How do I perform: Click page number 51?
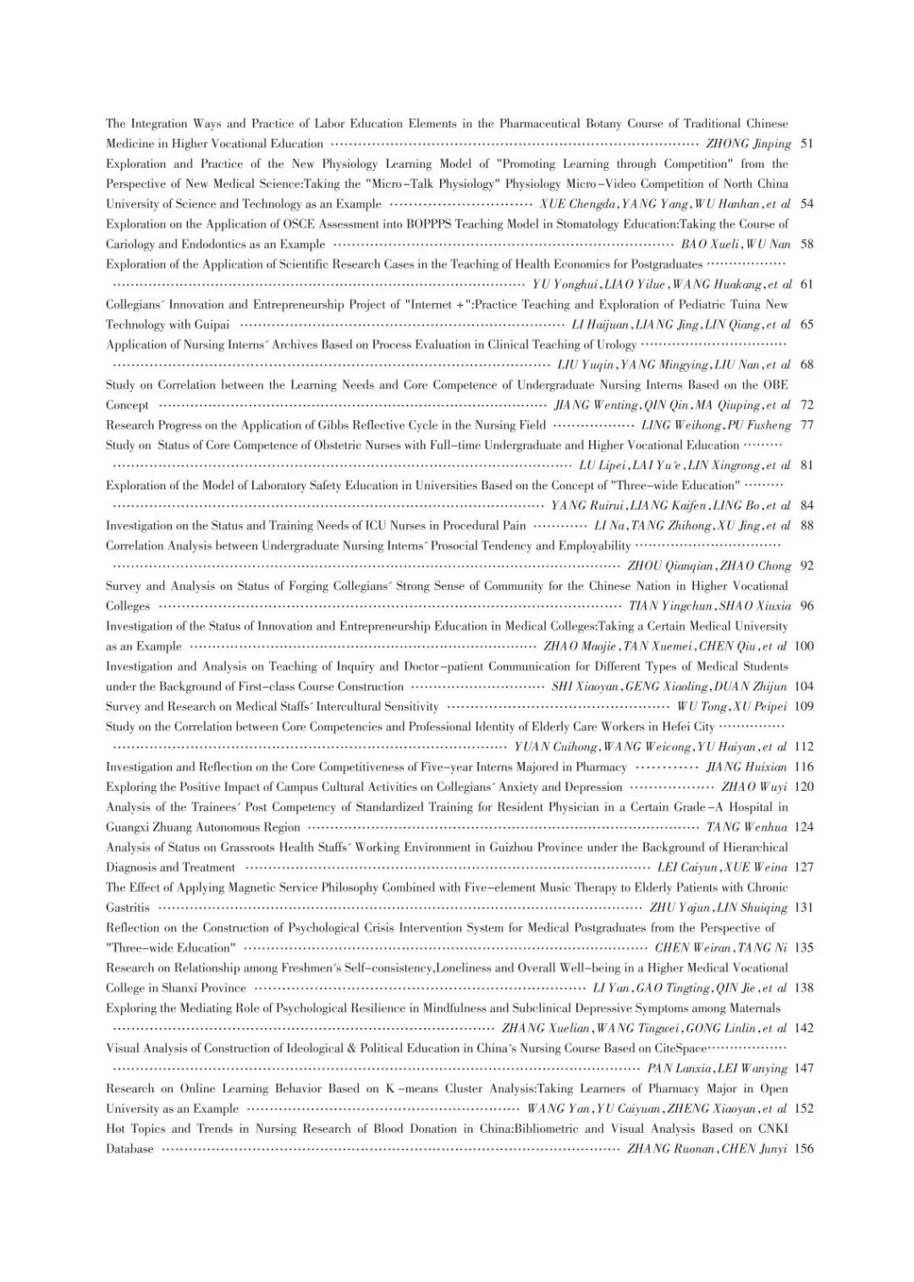807,144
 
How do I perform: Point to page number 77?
807,425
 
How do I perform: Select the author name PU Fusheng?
759,425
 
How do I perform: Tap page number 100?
804,646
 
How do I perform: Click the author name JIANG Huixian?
746,767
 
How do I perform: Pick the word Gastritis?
128,908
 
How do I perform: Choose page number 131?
804,908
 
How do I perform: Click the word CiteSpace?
674,1048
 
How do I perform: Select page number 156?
804,1149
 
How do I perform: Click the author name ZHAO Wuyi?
754,787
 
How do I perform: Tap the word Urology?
615,345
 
